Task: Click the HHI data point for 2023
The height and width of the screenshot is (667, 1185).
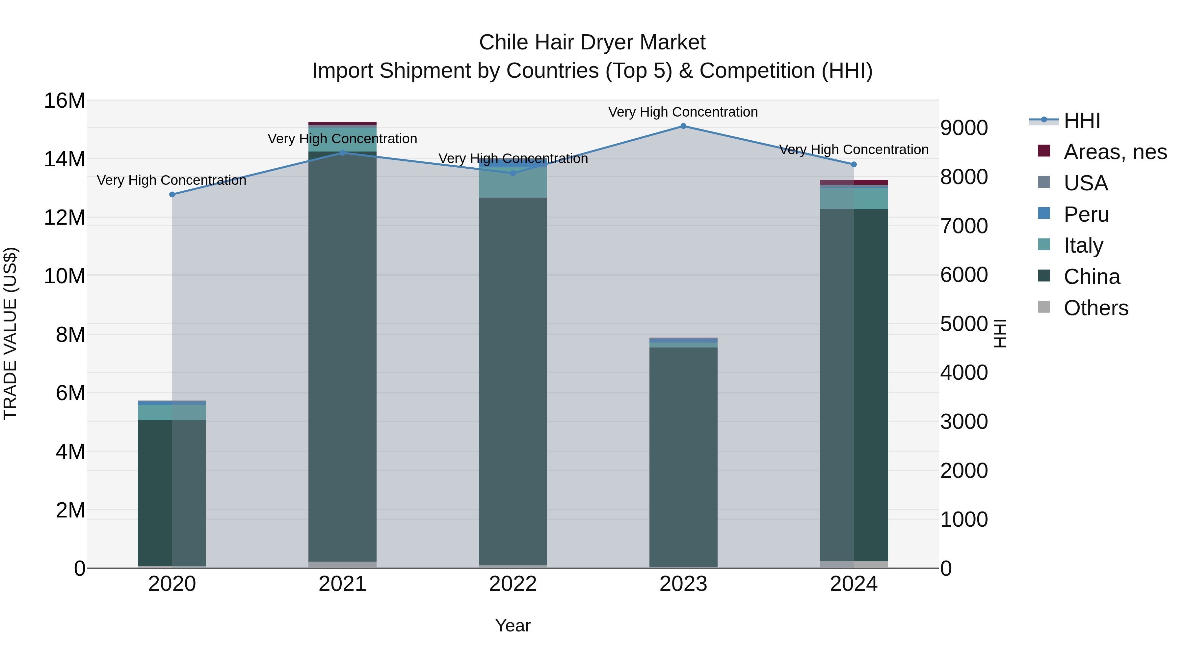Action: coord(683,126)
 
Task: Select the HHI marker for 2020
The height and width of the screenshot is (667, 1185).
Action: coord(172,195)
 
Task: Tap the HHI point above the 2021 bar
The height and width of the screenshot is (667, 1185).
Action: coord(342,153)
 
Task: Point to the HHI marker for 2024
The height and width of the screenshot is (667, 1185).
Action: coord(854,164)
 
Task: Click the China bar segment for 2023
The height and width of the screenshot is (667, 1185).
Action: coord(683,456)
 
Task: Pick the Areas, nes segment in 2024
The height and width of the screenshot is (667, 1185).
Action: coord(854,182)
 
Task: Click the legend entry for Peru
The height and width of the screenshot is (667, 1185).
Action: coord(1086,214)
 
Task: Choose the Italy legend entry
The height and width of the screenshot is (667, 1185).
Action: coord(1083,245)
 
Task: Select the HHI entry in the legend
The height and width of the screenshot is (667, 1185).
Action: coord(1082,121)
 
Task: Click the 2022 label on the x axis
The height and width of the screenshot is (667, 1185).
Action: coord(513,584)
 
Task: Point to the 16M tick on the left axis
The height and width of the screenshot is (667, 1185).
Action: coord(65,101)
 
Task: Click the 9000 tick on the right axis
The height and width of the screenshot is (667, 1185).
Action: coord(964,128)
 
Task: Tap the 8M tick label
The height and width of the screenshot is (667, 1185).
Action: coord(70,335)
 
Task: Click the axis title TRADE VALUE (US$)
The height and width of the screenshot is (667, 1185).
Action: coord(10,333)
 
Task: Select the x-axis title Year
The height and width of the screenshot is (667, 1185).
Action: coord(513,626)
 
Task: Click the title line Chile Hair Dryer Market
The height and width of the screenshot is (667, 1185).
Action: coord(592,42)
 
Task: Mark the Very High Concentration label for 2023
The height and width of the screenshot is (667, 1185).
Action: coord(683,112)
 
